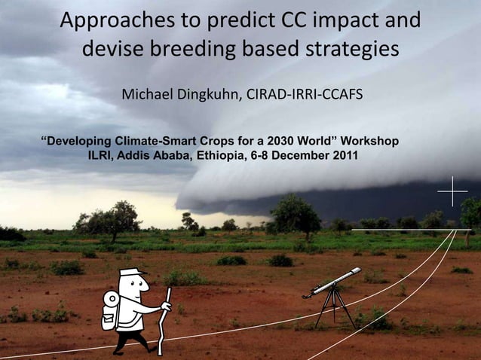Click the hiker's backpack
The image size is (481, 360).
click(x=112, y=310)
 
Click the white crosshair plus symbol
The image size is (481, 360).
click(x=452, y=191)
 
